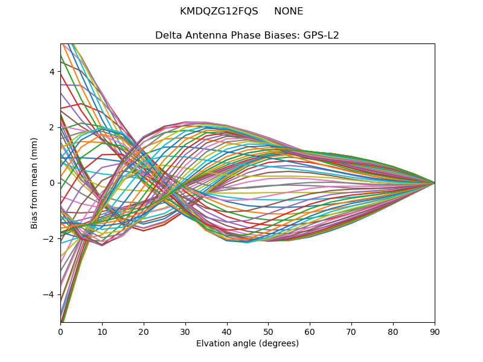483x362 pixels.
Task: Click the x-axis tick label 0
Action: [60, 331]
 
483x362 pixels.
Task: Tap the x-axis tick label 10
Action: [102, 331]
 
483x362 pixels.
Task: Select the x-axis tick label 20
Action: [144, 331]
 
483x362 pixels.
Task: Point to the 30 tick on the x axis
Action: [185, 331]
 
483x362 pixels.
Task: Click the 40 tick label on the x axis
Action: [227, 331]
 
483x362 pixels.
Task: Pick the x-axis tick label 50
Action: [268, 331]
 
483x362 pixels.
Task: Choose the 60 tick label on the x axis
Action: [310, 331]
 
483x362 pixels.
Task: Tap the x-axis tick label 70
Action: [351, 331]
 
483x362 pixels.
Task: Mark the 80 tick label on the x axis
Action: [393, 331]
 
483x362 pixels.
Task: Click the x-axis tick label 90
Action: [435, 331]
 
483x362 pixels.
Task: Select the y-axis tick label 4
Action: [52, 72]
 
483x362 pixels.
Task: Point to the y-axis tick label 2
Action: [52, 127]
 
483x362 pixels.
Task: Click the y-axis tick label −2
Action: [50, 239]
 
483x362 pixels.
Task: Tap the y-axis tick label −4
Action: [50, 294]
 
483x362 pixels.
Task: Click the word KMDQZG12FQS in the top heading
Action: [219, 11]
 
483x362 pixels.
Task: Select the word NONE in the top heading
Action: [289, 11]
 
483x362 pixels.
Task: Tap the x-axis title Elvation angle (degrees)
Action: [248, 343]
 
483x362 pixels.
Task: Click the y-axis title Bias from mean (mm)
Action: [35, 183]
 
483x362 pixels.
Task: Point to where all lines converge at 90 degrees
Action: [434, 183]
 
